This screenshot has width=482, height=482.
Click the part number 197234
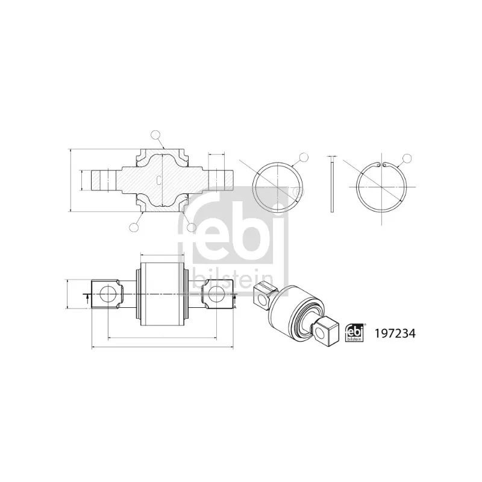(395, 333)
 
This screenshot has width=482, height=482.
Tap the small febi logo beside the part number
(354, 333)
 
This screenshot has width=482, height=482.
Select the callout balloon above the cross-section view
(155, 134)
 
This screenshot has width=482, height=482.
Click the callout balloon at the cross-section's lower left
(134, 228)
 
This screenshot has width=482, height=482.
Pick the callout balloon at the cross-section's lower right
(192, 228)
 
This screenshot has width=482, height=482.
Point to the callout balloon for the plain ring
(304, 157)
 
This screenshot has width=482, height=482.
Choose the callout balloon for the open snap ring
(407, 158)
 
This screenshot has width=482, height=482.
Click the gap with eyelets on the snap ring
(381, 165)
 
